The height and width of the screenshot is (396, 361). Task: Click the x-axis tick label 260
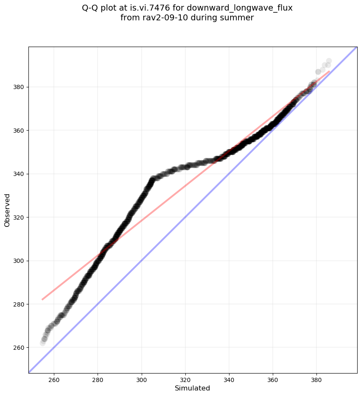(54, 379)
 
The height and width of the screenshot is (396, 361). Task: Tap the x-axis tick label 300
(141, 379)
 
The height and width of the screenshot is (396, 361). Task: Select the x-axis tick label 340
(229, 379)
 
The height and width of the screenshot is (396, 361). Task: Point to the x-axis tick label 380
(316, 379)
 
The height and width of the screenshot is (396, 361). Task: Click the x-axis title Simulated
(193, 388)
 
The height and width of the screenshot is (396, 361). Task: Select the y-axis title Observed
(7, 210)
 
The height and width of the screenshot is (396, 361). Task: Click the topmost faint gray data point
(329, 61)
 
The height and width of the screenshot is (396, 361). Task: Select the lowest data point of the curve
(42, 343)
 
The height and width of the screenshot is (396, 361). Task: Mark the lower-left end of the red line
(42, 300)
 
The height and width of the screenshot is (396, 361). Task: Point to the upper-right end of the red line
(329, 71)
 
